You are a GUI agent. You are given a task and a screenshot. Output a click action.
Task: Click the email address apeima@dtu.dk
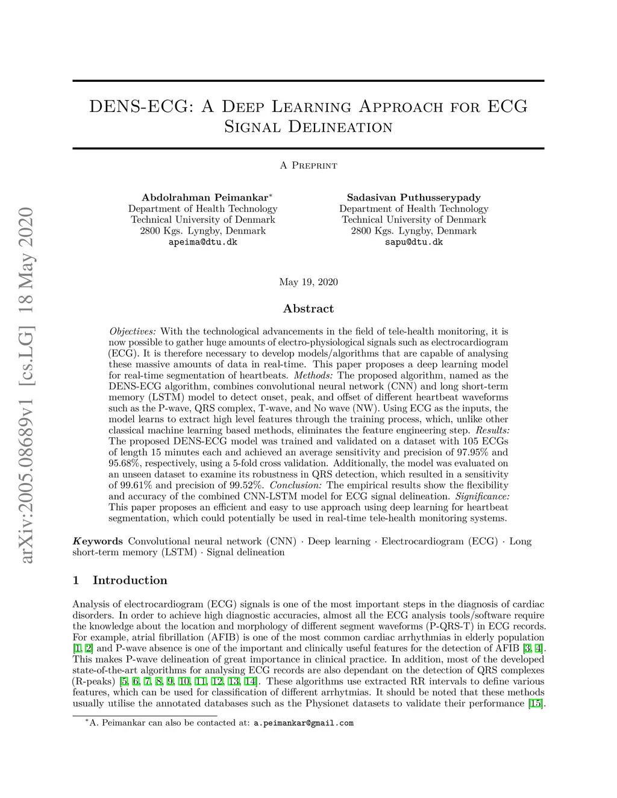pos(202,242)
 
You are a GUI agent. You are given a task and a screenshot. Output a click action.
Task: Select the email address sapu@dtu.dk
pos(413,242)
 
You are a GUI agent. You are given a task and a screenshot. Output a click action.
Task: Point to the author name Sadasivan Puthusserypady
pos(413,198)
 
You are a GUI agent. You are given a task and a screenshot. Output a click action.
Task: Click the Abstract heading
pos(308,309)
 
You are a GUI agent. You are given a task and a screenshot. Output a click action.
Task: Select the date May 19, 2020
pos(308,282)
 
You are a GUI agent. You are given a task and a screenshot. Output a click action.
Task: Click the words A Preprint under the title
pos(308,166)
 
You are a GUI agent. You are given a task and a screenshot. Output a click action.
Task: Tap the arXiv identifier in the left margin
pos(26,385)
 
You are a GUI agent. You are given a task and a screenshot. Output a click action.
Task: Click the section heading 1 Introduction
pos(120,581)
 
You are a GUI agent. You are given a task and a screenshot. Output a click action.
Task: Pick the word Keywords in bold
pos(98,541)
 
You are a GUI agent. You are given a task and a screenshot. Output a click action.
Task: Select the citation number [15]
pos(535,703)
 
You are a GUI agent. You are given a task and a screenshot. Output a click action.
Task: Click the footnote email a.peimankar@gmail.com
pos(303,723)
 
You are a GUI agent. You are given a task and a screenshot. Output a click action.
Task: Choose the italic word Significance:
pos(482,496)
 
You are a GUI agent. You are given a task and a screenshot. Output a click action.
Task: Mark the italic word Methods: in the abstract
pos(313,375)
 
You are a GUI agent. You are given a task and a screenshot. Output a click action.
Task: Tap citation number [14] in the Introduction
pos(250,681)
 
